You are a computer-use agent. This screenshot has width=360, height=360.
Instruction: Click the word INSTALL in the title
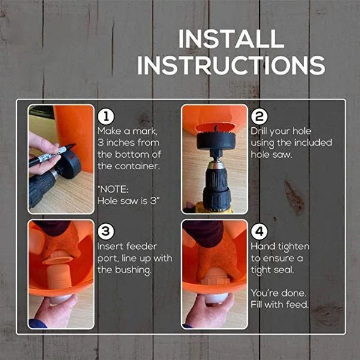click(x=231, y=39)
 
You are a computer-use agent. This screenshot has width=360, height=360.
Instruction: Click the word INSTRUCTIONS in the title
click(x=231, y=64)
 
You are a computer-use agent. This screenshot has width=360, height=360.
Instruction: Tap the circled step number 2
click(x=259, y=116)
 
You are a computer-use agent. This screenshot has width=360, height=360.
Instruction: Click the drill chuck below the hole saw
click(x=215, y=183)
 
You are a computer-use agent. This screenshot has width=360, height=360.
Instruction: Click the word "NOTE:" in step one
click(x=112, y=188)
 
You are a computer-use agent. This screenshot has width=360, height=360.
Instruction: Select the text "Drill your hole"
click(x=281, y=131)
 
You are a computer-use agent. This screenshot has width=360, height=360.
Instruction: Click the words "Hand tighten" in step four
click(x=278, y=247)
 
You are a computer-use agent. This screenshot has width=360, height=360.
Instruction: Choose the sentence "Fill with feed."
click(x=278, y=305)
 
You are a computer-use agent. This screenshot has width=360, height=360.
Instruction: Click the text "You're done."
click(x=278, y=293)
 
